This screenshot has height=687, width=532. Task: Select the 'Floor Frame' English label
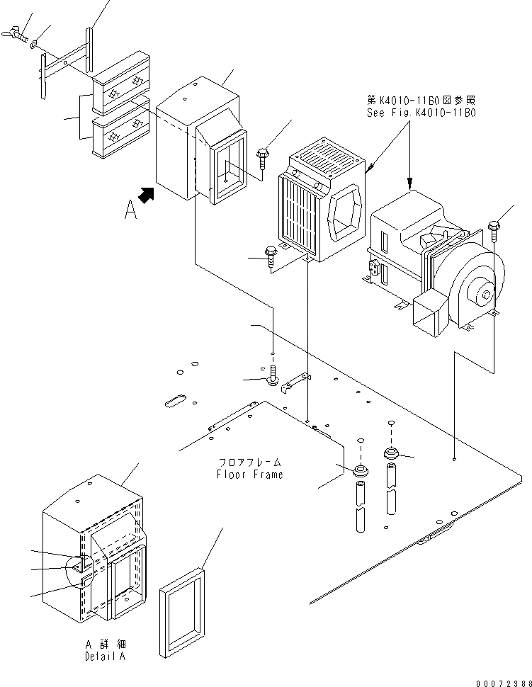[x=249, y=475]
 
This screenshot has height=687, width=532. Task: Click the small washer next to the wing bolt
[x=35, y=47]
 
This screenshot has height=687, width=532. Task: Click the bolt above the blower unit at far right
[x=494, y=229]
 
